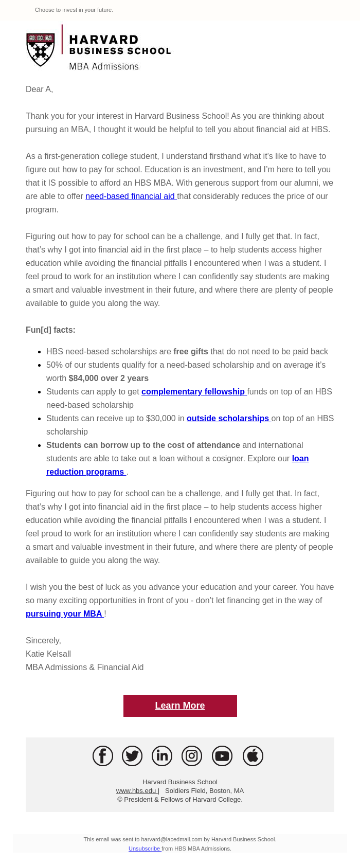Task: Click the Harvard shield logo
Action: pos(41,49)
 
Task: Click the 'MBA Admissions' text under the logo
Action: pos(104,66)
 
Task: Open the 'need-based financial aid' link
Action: pos(131,196)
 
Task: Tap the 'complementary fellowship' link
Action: pos(193,391)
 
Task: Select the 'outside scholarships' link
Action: pos(228,418)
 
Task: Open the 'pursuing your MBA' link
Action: pos(64,614)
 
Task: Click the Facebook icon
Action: pos(103,756)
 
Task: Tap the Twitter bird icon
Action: pos(132,756)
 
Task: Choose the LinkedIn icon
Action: pos(162,756)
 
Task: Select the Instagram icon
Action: pos(192,756)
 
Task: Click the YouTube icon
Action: pos(222,756)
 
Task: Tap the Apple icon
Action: pos(253,756)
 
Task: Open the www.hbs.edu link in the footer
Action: pos(136,790)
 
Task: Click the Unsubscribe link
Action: pos(145,849)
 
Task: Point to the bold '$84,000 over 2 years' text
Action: pos(109,378)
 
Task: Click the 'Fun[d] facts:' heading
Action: pos(50,330)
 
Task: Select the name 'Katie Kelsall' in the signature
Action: pos(48,654)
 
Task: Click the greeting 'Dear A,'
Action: pos(40,89)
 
